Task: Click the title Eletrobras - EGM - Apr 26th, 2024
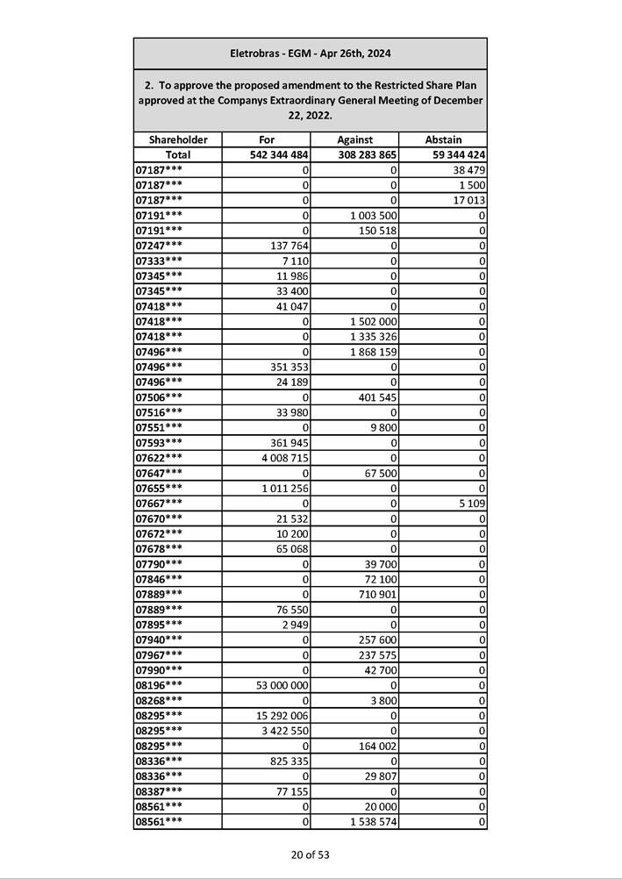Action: tap(310, 54)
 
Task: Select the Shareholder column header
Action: tap(178, 139)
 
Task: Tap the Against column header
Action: tap(354, 139)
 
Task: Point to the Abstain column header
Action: tap(443, 139)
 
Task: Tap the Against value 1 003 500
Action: tap(374, 215)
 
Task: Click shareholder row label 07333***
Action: tap(160, 261)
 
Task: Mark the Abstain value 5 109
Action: tap(473, 503)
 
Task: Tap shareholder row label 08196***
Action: tap(160, 684)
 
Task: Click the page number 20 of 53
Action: tap(311, 854)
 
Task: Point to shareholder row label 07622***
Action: tap(160, 457)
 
